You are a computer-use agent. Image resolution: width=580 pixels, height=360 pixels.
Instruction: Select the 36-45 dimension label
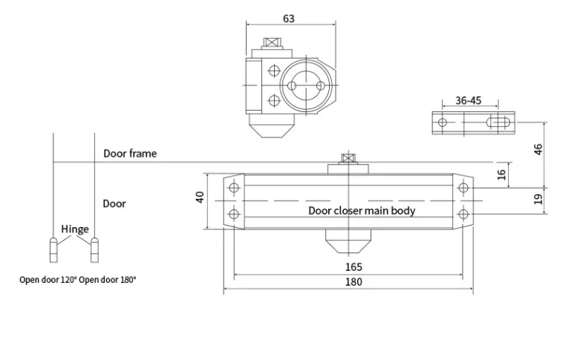pyautogui.click(x=468, y=100)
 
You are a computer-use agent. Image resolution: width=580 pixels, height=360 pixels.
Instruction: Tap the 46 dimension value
pyautogui.click(x=538, y=148)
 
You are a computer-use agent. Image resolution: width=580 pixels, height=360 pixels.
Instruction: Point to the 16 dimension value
pyautogui.click(x=501, y=174)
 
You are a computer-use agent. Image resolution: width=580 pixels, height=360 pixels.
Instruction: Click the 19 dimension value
pyautogui.click(x=538, y=198)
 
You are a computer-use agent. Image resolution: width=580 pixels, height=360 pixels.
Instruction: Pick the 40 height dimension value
pyautogui.click(x=200, y=198)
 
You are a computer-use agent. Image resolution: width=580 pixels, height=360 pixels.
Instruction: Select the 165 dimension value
pyautogui.click(x=353, y=266)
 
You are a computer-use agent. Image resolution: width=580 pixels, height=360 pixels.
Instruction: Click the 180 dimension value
pyautogui.click(x=353, y=282)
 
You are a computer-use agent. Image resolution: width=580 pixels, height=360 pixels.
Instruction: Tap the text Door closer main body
pyautogui.click(x=362, y=211)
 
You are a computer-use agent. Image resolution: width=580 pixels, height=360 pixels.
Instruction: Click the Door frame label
pyautogui.click(x=130, y=154)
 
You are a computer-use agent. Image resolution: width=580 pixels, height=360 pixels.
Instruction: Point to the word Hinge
pyautogui.click(x=74, y=229)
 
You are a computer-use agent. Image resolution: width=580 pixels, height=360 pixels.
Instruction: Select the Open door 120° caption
pyautogui.click(x=48, y=280)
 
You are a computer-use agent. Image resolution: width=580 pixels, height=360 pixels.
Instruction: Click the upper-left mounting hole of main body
pyautogui.click(x=234, y=187)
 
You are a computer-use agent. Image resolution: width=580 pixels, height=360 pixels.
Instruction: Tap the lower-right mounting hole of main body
pyautogui.click(x=463, y=215)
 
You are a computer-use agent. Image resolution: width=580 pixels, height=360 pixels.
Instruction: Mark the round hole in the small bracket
pyautogui.click(x=443, y=122)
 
